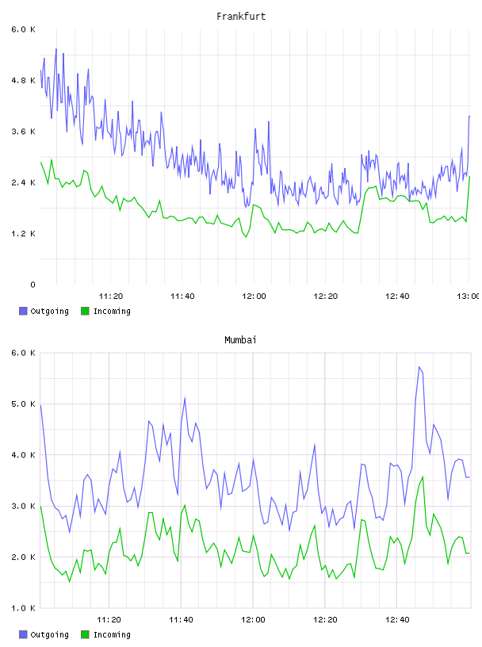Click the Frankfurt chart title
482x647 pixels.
pos(241,17)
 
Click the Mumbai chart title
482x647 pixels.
pos(240,340)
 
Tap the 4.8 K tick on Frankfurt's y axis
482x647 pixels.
pos(23,80)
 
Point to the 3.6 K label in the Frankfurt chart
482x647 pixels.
pos(23,132)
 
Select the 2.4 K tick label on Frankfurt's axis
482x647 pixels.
pos(23,183)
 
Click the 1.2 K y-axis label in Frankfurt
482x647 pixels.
pos(23,234)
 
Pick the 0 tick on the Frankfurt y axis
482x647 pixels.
pos(33,285)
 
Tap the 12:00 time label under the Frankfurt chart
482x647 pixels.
pos(254,297)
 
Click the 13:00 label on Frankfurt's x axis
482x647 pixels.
pos(468,297)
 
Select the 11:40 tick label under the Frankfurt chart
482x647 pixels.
pos(182,297)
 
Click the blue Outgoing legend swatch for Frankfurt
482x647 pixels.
pos(23,311)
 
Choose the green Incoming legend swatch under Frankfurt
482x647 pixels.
pos(85,311)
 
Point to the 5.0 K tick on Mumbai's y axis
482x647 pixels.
pos(23,404)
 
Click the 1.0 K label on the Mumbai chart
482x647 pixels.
pos(23,608)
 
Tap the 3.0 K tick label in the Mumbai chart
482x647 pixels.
pos(23,507)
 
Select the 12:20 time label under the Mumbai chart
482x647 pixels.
pos(325,620)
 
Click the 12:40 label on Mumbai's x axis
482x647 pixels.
pos(397,620)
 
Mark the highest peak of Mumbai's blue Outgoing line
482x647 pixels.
pos(419,367)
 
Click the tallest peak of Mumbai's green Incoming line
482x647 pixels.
pos(423,477)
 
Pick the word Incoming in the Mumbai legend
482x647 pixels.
pos(112,635)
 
